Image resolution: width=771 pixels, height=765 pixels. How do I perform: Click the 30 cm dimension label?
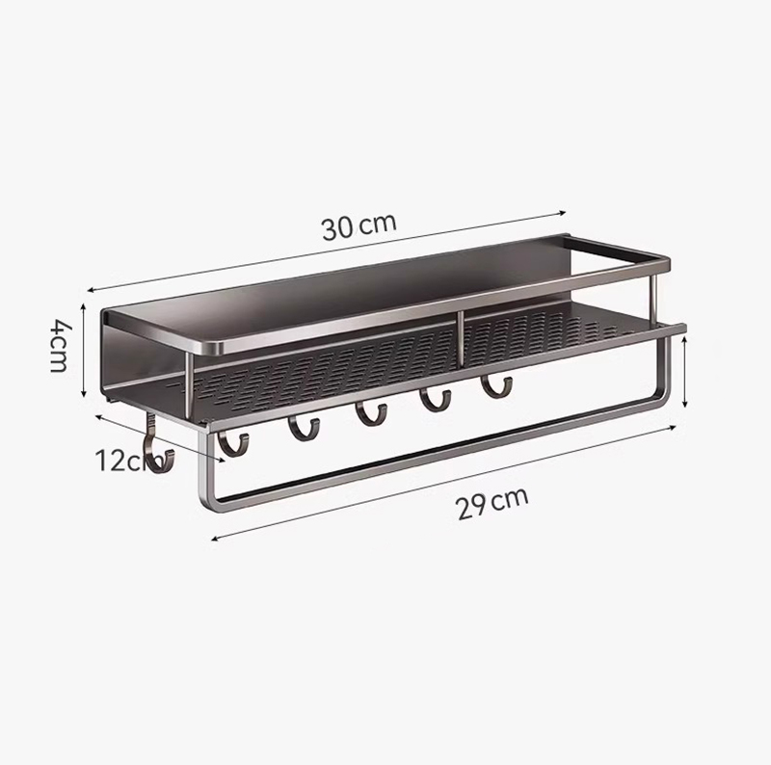pos(359,226)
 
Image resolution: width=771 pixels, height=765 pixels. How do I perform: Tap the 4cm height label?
pos(60,350)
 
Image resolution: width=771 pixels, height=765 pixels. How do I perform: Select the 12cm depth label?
pos(123,461)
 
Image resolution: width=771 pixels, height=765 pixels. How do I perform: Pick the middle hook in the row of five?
pos(370,415)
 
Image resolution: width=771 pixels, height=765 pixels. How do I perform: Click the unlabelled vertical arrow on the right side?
pos(684,371)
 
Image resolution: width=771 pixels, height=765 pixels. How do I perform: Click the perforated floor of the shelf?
pos(385,366)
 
